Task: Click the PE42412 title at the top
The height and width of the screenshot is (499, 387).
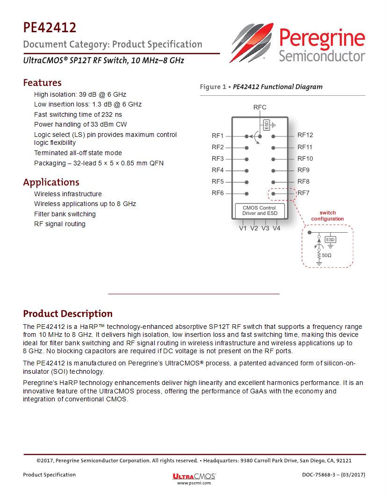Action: coord(50,28)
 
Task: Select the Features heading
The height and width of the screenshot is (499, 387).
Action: coord(42,83)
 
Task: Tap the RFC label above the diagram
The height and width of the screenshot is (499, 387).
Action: coord(260,107)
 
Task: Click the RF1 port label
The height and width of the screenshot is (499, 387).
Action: coord(218,136)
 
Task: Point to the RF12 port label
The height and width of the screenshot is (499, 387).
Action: coord(305,135)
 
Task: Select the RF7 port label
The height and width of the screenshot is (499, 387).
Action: coord(303,193)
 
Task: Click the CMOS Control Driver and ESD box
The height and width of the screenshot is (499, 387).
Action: coord(259,210)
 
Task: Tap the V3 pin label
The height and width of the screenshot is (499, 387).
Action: coord(265,228)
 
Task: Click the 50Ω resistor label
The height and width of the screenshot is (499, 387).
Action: coord(327,256)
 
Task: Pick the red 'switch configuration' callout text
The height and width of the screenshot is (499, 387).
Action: coord(328,216)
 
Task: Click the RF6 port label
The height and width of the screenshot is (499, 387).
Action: coord(218,193)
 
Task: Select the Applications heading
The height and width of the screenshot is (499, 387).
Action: coord(51,182)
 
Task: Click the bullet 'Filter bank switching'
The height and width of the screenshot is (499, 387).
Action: coord(64,214)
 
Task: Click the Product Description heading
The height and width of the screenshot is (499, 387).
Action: coord(68,314)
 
